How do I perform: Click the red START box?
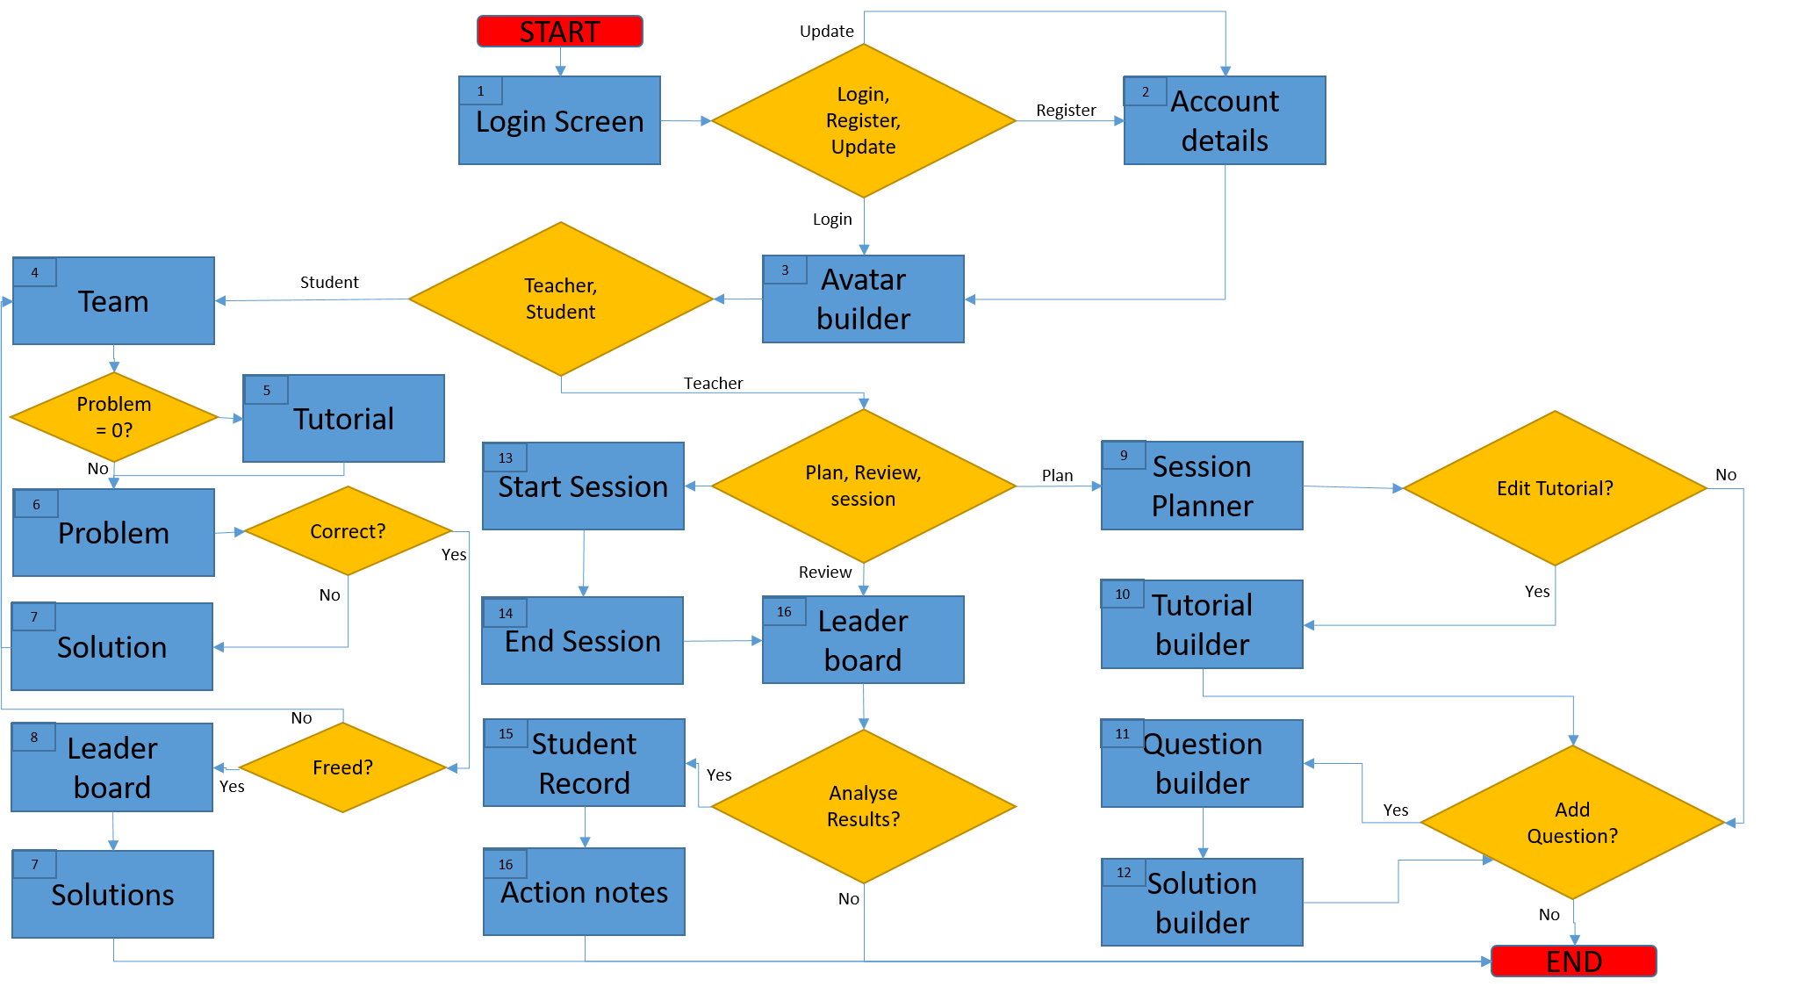[559, 32]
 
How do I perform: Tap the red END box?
[1573, 961]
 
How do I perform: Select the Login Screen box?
[559, 121]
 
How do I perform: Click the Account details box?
[1225, 121]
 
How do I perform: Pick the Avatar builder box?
[863, 299]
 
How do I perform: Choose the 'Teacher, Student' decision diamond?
[560, 299]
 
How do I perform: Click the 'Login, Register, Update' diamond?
[863, 121]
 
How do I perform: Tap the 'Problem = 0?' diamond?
[113, 417]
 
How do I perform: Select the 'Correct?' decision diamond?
[348, 531]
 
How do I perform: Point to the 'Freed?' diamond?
[342, 767]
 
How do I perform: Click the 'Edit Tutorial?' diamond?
[1555, 488]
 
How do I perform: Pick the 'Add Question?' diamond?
[1572, 823]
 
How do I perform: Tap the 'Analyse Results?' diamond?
[863, 806]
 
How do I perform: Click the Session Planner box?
[1202, 486]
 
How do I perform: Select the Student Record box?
[584, 763]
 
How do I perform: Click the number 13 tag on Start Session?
[505, 457]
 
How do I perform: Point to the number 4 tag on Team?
[35, 272]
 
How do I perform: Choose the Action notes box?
[584, 892]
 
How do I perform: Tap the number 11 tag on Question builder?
[1123, 734]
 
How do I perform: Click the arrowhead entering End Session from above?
[583, 592]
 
